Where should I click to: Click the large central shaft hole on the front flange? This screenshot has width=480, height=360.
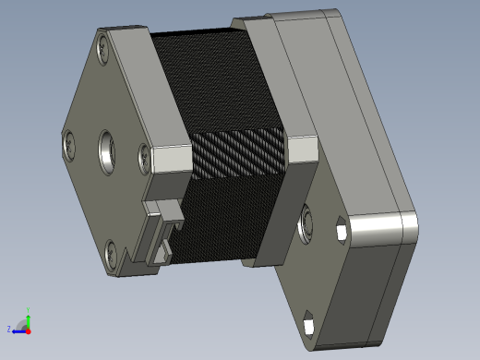click(108, 150)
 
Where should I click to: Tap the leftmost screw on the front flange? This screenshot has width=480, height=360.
click(68, 144)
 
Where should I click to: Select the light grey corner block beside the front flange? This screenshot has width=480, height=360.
click(170, 159)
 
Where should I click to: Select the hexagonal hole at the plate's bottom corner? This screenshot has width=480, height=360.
click(308, 325)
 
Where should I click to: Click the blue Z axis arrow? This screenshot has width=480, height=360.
click(18, 330)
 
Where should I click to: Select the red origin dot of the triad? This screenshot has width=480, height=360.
click(28, 330)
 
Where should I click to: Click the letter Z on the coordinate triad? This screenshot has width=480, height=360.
click(9, 329)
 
